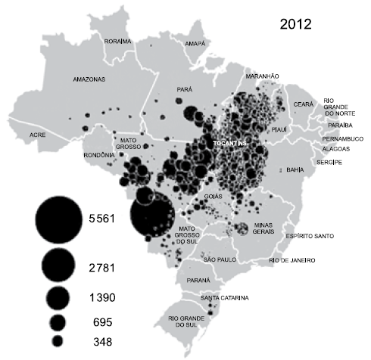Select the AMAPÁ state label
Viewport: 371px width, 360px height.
click(x=195, y=45)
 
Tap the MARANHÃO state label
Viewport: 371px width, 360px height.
click(x=263, y=76)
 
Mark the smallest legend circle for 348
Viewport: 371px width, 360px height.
click(x=57, y=341)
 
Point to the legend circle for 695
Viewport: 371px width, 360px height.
click(x=58, y=321)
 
